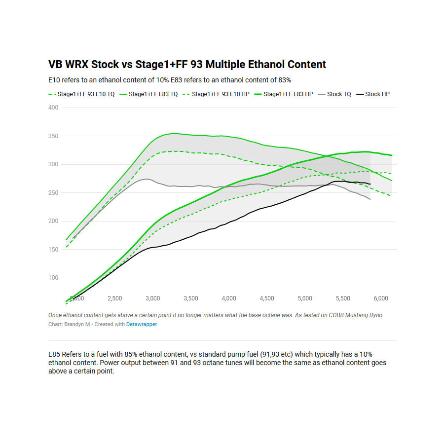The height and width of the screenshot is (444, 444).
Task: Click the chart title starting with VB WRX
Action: (x=187, y=64)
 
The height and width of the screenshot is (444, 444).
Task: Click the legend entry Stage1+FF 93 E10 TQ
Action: (x=86, y=94)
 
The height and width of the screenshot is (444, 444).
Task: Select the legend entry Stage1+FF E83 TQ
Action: (x=153, y=94)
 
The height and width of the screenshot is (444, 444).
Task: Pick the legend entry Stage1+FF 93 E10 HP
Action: (x=220, y=94)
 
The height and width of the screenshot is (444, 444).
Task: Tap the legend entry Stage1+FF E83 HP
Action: (x=288, y=94)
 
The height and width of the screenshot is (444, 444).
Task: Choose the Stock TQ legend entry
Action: (x=339, y=94)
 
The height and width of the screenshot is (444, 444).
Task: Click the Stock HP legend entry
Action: (x=377, y=94)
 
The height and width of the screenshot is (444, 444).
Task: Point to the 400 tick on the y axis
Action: (x=53, y=108)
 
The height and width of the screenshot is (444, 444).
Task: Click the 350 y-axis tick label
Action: (x=53, y=136)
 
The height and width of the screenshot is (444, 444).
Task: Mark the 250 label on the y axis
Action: (x=53, y=193)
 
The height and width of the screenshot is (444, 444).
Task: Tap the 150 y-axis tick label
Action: (x=53, y=250)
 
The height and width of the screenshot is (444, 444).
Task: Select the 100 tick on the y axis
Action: (x=53, y=278)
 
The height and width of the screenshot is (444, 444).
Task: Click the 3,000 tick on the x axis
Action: (x=152, y=298)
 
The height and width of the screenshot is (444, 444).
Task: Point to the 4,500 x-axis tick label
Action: (x=266, y=298)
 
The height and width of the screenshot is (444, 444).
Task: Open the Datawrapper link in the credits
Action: (x=142, y=324)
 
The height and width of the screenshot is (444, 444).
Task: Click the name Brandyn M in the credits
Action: (x=76, y=324)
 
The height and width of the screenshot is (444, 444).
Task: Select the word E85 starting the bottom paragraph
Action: (x=54, y=355)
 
